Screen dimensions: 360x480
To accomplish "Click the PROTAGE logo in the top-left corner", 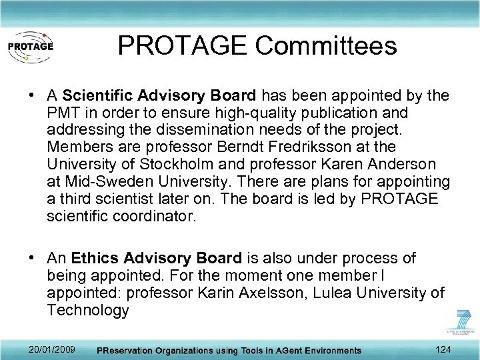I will click(29, 47).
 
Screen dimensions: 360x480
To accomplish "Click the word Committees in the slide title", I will click(325, 45).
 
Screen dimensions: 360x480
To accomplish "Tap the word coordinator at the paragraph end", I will click(149, 216).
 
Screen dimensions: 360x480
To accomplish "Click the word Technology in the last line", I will click(87, 310).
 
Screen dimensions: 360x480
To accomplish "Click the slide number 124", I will click(442, 350).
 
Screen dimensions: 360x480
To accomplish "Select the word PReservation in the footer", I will click(129, 351).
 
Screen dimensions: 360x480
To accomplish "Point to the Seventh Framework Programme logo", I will click(461, 324).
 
